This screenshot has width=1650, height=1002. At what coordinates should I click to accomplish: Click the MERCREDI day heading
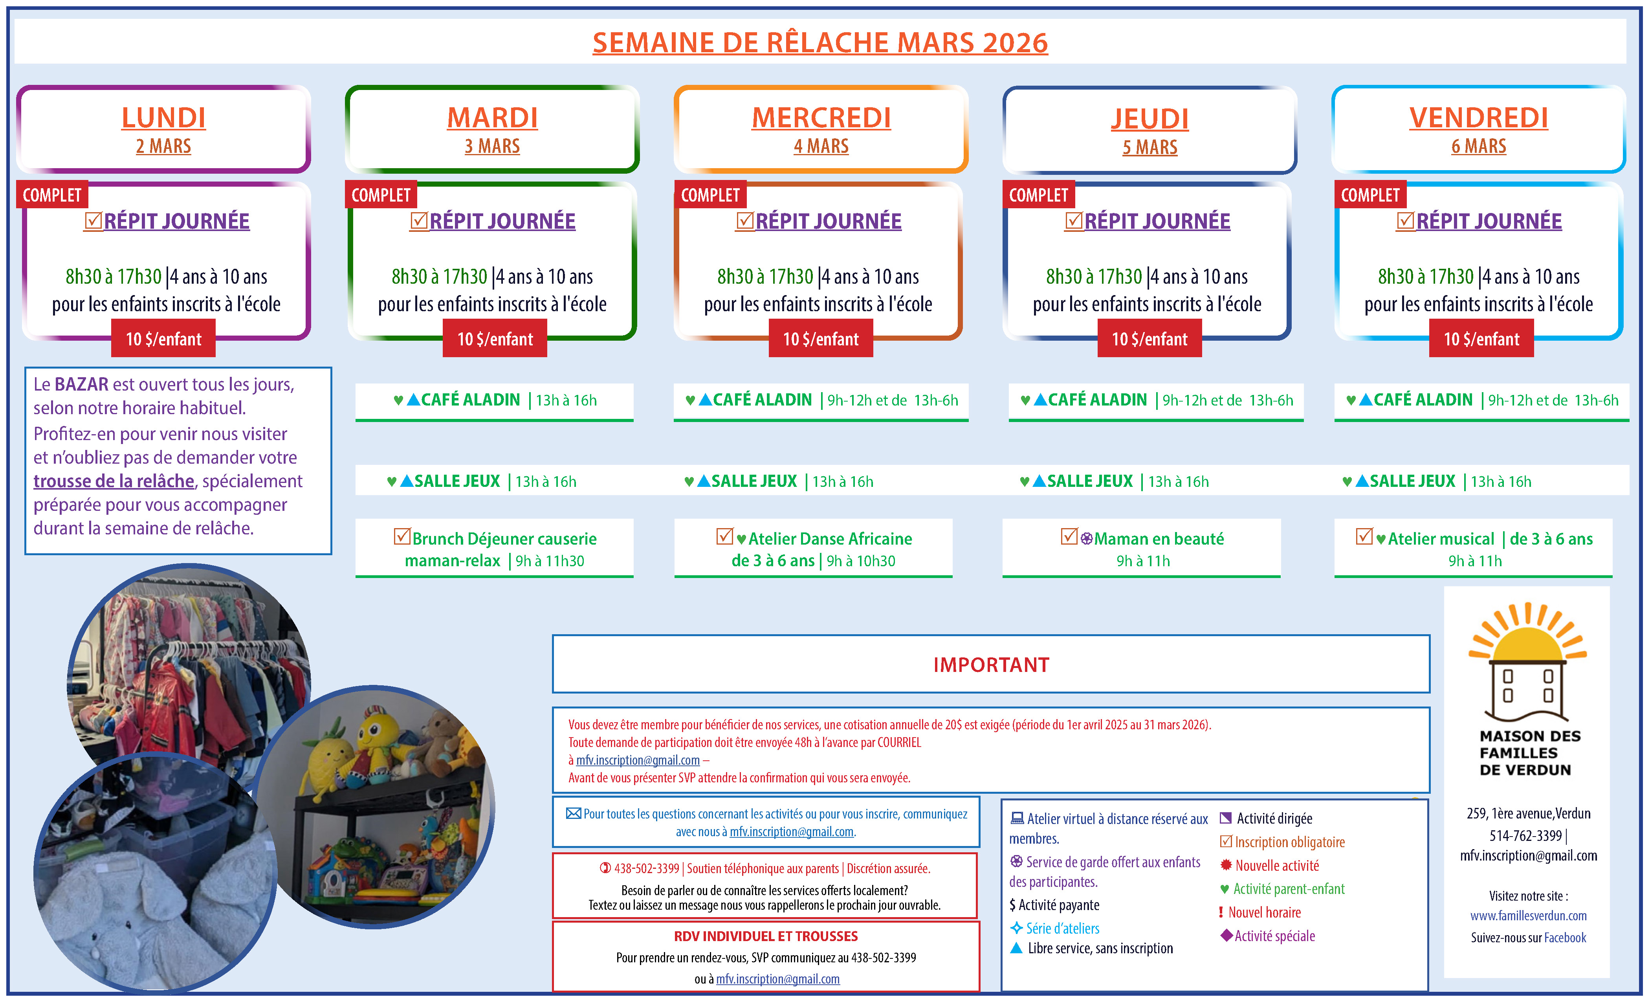pos(821,118)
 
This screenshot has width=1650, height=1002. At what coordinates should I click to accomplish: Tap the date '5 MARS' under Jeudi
pos(1150,147)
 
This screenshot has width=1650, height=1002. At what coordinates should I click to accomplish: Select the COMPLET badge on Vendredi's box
pos(1370,195)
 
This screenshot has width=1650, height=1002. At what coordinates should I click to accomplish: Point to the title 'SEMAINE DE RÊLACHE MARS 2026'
pos(820,43)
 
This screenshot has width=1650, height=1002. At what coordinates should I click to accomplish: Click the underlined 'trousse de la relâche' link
pos(114,481)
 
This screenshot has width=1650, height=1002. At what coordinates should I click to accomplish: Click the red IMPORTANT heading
pos(991,664)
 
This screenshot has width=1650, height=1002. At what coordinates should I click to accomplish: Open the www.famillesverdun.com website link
pos(1528,916)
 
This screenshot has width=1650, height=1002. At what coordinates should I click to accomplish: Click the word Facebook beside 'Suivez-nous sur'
pos(1565,938)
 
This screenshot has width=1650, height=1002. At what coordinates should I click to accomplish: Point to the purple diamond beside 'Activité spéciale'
pos(1226,935)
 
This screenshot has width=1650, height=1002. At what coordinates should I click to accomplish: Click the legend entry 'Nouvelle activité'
pos(1276,865)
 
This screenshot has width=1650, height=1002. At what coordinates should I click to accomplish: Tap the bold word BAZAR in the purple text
pos(81,384)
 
